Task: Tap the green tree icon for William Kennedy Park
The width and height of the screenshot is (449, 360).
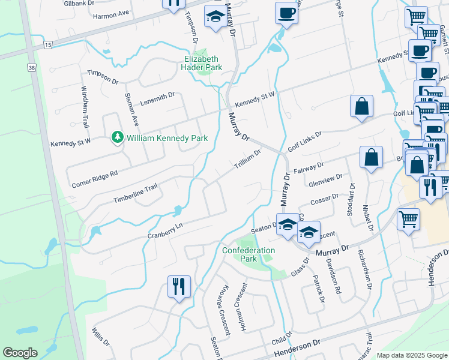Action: (118, 138)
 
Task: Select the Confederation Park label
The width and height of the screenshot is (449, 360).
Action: (249, 254)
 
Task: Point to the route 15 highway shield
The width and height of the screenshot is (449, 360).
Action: (48, 45)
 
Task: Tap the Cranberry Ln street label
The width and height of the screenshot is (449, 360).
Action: (164, 230)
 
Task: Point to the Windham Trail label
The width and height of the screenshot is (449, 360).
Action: (85, 118)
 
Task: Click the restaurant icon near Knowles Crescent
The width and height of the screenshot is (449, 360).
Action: (179, 286)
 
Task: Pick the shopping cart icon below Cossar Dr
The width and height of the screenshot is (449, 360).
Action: (408, 219)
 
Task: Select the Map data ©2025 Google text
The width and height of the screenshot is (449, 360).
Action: (411, 355)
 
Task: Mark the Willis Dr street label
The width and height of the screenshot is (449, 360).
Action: (101, 337)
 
